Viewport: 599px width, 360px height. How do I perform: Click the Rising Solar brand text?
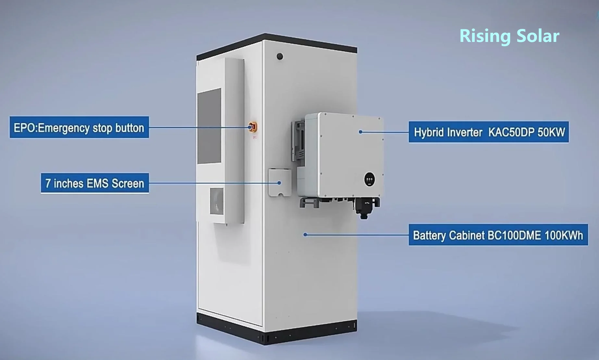[509, 36]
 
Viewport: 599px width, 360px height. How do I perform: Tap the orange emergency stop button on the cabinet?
[253, 127]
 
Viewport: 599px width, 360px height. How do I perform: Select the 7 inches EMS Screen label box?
[95, 183]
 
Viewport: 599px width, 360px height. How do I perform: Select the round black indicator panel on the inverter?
[369, 179]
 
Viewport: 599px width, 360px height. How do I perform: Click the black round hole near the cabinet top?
[280, 57]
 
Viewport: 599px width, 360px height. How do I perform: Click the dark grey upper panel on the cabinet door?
[209, 126]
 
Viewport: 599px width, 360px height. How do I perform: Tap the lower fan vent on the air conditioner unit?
[217, 201]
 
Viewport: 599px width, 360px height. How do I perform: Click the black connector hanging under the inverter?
[364, 208]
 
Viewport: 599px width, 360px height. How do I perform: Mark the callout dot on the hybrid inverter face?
[360, 132]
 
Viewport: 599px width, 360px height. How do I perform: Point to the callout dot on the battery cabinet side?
[305, 235]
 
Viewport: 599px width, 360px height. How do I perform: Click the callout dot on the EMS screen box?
[279, 183]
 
